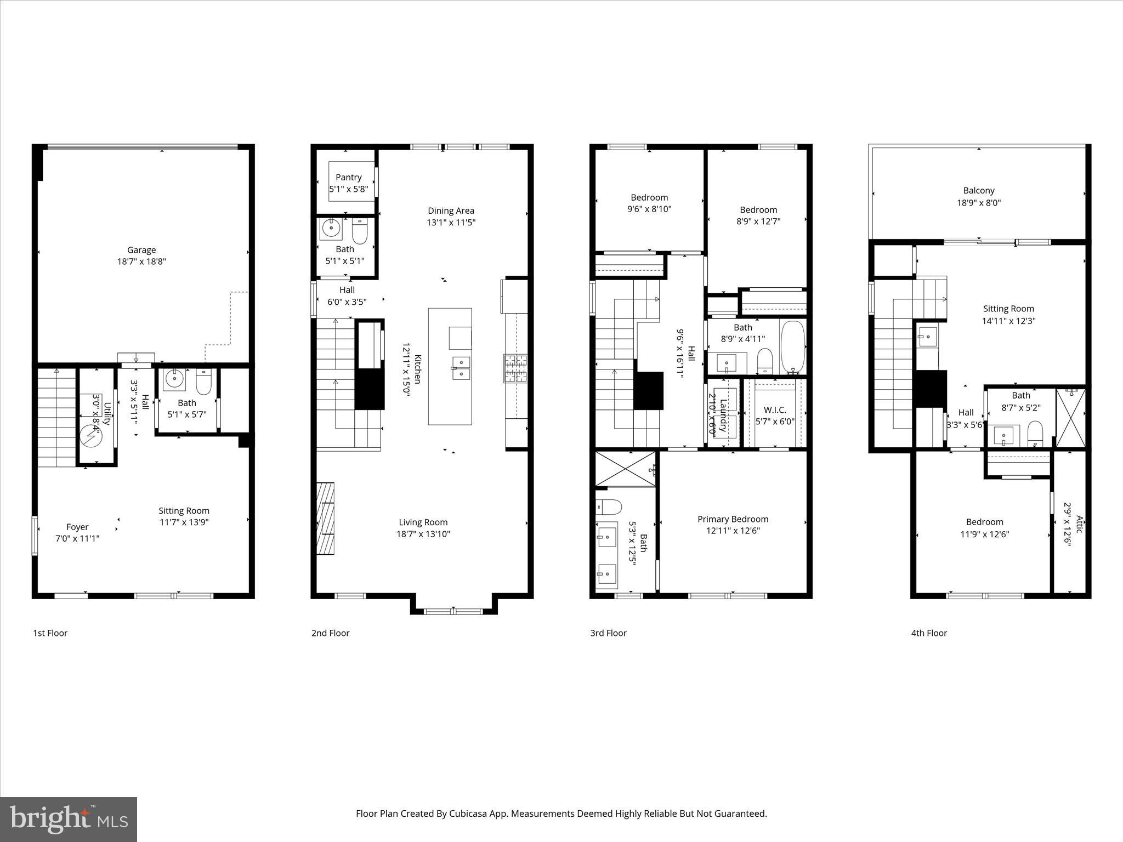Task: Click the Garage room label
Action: click(141, 250)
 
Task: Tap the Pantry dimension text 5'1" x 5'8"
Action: click(348, 189)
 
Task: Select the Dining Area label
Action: click(451, 210)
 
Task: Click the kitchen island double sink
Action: click(461, 367)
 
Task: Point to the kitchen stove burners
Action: click(515, 368)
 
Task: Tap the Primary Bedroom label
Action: click(733, 519)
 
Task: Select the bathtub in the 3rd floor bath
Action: click(792, 346)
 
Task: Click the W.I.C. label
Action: click(774, 410)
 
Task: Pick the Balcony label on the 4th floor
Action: click(978, 191)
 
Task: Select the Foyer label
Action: click(77, 527)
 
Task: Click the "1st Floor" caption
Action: click(50, 633)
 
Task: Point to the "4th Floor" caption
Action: click(929, 633)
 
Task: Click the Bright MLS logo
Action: click(69, 819)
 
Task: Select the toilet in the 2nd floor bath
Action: click(360, 232)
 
